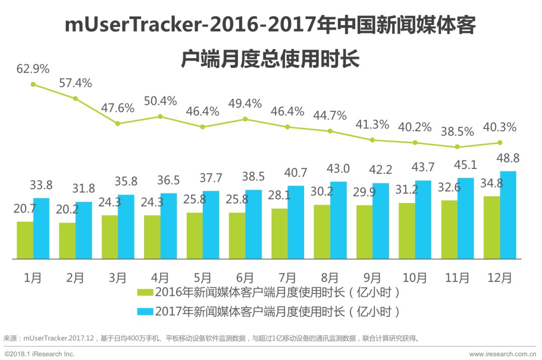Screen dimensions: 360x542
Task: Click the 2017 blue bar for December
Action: (508, 215)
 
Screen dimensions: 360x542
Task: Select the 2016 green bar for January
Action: (25, 240)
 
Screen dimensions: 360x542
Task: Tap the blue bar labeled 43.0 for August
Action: (338, 220)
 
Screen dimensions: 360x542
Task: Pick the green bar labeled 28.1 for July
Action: (279, 234)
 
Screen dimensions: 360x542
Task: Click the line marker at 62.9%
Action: (33, 84)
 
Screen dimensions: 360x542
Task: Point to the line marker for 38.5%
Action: (457, 147)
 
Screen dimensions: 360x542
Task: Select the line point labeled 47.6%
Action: (118, 123)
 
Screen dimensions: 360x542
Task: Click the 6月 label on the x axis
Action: (244, 277)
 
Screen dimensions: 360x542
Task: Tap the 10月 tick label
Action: (415, 277)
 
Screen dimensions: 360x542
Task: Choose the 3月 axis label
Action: (117, 277)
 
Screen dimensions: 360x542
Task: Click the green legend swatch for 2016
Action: (145, 292)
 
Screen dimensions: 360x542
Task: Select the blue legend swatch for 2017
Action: (145, 311)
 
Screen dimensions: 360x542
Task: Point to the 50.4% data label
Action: (161, 101)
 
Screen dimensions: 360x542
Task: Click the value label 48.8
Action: (508, 158)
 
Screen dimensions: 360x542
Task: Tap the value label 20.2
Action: (68, 209)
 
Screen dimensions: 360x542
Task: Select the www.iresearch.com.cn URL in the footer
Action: (502, 354)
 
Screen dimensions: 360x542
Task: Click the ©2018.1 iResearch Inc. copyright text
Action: (40, 354)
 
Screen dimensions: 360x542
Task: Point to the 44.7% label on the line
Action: (330, 116)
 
